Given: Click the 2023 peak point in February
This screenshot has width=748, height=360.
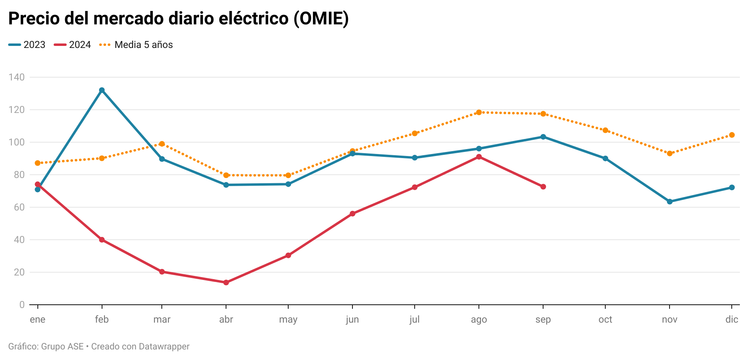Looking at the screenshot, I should tap(102, 90).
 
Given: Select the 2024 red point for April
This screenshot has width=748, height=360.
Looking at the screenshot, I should tap(226, 282).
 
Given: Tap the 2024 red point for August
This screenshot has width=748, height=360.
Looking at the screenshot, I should tap(479, 157).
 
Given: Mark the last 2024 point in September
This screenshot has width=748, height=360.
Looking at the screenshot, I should tap(543, 187).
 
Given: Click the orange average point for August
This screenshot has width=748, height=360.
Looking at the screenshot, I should tap(479, 113).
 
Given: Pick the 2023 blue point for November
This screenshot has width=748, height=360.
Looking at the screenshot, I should tap(670, 202).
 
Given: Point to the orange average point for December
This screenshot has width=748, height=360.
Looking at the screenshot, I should tap(732, 135).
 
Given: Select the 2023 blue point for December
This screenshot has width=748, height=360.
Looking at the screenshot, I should tap(732, 187).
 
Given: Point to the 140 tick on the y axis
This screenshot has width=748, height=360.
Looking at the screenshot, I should tap(16, 77).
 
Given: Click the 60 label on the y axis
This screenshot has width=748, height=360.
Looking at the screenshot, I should tap(19, 207).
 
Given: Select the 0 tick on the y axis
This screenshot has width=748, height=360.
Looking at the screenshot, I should tap(22, 305).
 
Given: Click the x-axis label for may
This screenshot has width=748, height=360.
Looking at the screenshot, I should tap(288, 319).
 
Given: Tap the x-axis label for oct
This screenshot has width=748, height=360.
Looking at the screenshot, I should tap(605, 319).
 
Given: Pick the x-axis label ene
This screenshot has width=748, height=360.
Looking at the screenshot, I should tap(37, 319).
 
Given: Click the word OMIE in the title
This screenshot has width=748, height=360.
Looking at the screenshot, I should tap(321, 19).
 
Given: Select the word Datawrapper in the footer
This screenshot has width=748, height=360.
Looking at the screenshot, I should tap(164, 347).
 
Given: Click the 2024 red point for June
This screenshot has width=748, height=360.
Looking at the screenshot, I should tap(352, 214).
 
